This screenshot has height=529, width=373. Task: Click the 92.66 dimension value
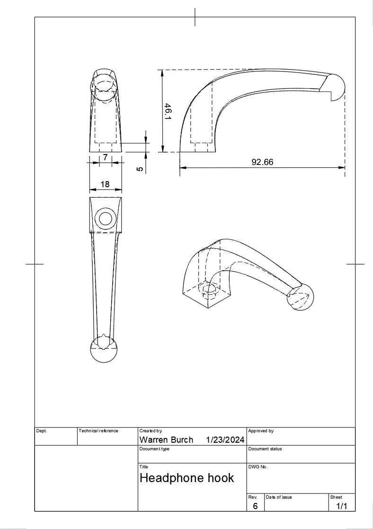pyautogui.click(x=262, y=162)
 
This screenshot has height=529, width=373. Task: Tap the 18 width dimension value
pyautogui.click(x=105, y=184)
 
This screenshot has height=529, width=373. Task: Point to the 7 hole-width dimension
pyautogui.click(x=105, y=157)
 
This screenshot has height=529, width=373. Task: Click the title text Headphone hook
pyautogui.click(x=186, y=478)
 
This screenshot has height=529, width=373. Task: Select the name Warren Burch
pyautogui.click(x=166, y=440)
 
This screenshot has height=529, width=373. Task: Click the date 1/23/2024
pyautogui.click(x=225, y=440)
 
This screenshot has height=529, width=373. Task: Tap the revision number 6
pyautogui.click(x=255, y=506)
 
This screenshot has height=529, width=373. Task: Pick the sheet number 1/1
pyautogui.click(x=341, y=506)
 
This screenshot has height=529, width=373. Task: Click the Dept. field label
pyautogui.click(x=42, y=431)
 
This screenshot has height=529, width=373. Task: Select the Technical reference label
pyautogui.click(x=98, y=431)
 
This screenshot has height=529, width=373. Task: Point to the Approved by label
pyautogui.click(x=261, y=431)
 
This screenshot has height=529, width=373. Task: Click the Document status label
pyautogui.click(x=265, y=449)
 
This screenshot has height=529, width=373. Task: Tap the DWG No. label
pyautogui.click(x=258, y=467)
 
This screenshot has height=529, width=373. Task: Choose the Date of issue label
pyautogui.click(x=279, y=497)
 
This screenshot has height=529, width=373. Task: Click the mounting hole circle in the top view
pyautogui.click(x=105, y=219)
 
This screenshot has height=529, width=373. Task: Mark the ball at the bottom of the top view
pyautogui.click(x=103, y=350)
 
